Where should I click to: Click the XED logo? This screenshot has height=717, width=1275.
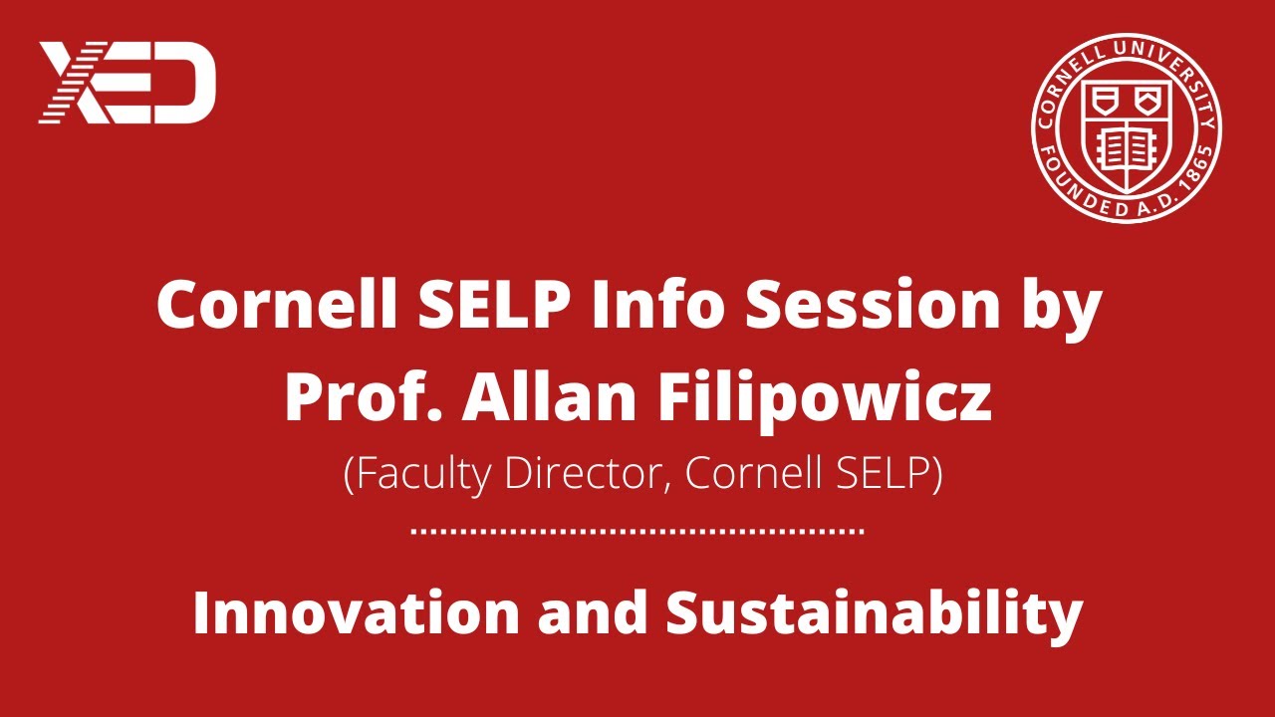127,82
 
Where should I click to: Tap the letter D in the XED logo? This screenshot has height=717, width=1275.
186,82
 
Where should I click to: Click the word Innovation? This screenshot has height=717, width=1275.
356,612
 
